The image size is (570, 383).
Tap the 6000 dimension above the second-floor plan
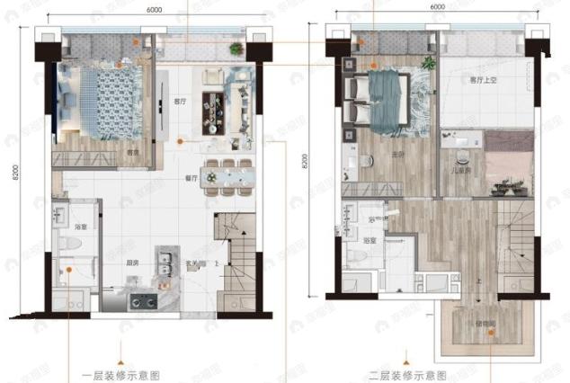pos(438,7)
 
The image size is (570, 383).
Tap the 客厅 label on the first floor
pos(178,103)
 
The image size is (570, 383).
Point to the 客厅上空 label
pos(459,80)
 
